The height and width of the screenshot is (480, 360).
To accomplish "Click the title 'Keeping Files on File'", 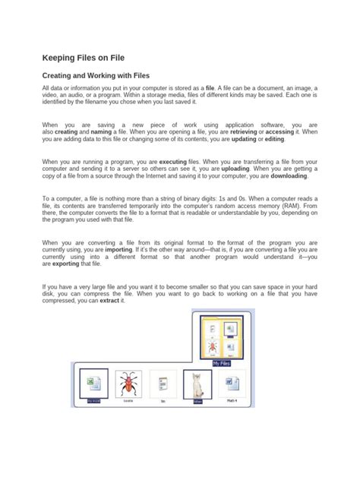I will coord(83,58).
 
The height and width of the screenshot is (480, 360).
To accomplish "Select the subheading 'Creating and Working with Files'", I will coord(95,76).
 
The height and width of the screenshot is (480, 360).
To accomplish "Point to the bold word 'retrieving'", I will coord(247,131).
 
